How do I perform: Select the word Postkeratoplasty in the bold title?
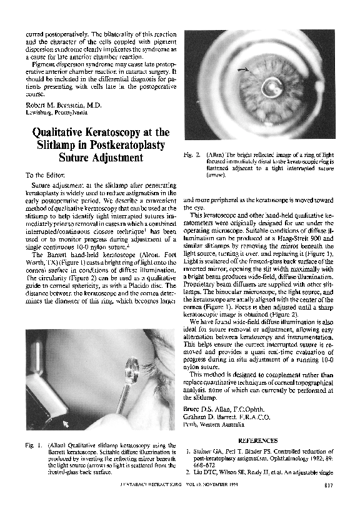(x=129, y=145)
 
